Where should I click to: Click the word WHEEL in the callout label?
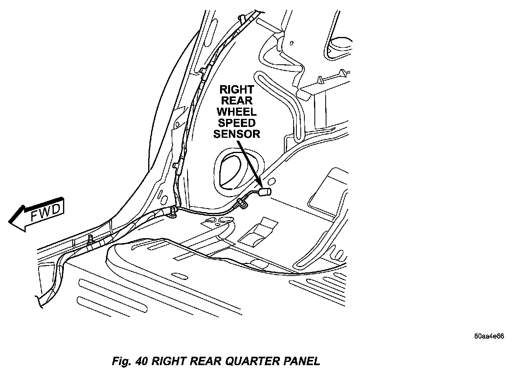click(237, 111)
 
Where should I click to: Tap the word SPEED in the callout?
click(237, 123)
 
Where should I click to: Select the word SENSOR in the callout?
click(237, 134)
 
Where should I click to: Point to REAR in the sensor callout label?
click(237, 100)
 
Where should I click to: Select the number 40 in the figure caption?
click(142, 361)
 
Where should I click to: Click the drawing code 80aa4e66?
click(489, 337)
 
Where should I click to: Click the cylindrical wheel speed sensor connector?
click(265, 192)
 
